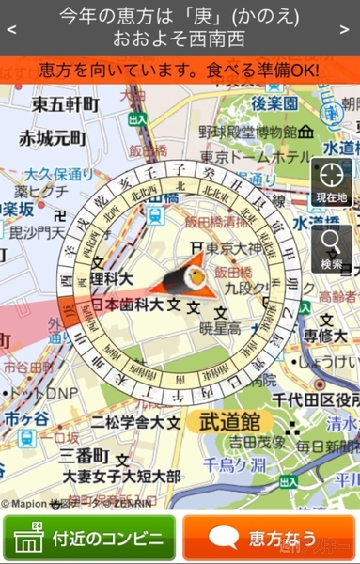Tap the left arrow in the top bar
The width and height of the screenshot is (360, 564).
9,28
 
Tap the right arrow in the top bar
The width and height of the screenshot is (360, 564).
351,28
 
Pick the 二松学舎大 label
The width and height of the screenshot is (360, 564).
130,422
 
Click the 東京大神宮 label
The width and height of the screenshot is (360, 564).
235,248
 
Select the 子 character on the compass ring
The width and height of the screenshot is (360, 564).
178,168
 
